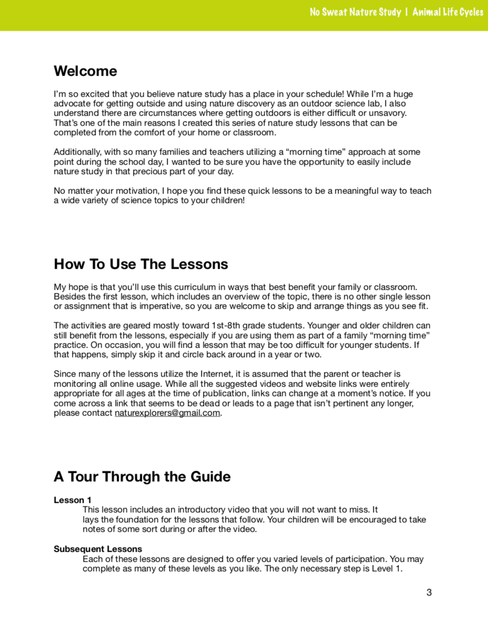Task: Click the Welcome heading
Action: click(x=85, y=71)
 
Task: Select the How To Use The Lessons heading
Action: click(x=141, y=264)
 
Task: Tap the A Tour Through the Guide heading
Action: click(x=142, y=477)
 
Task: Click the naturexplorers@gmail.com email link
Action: click(x=167, y=413)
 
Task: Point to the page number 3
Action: click(x=429, y=593)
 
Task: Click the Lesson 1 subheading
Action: click(x=73, y=500)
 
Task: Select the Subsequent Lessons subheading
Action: click(x=98, y=549)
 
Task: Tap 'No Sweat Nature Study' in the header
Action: click(x=355, y=12)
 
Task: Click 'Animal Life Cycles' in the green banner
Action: click(x=448, y=12)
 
